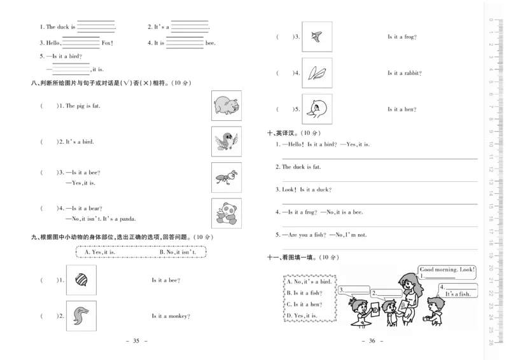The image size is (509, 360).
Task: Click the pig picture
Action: (226, 106)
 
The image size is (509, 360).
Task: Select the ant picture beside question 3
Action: (226, 177)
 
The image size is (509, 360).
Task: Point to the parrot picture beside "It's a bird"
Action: (226, 141)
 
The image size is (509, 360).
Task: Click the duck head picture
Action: (317, 109)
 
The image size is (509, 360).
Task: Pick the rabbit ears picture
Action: (317, 73)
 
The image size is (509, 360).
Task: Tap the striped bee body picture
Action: (81, 280)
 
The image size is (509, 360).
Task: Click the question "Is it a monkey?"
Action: (169, 316)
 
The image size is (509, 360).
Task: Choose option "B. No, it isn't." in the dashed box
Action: (178, 253)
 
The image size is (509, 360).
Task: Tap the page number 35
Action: (135, 342)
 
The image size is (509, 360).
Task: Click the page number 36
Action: (373, 342)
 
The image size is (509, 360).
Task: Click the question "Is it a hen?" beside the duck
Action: (402, 109)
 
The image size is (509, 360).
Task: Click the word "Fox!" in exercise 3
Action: (107, 43)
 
